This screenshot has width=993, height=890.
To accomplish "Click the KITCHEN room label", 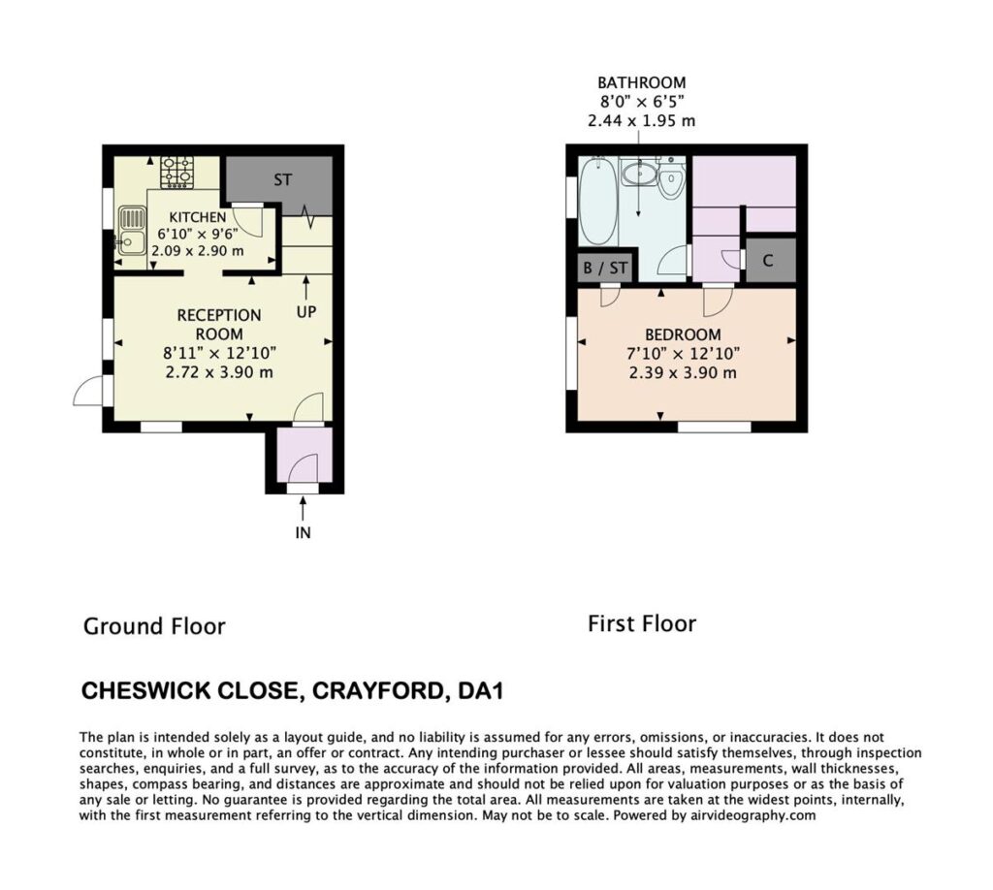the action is (198, 217).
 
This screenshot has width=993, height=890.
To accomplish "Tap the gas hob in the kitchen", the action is (176, 173).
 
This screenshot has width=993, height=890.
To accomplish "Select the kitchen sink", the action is (131, 231).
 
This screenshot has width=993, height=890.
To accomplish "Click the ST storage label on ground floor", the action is (282, 179).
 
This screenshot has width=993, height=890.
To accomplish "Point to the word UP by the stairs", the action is (306, 311).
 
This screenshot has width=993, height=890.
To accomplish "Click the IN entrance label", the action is (303, 533).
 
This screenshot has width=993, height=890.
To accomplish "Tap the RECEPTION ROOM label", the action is (219, 324).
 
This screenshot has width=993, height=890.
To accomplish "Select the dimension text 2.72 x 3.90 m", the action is (219, 372).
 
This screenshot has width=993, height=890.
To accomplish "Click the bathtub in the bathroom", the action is (598, 201).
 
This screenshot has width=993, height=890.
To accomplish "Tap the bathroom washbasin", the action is (638, 173).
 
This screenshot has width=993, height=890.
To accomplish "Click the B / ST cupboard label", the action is (605, 268).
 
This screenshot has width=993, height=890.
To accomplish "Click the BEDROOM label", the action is (683, 334).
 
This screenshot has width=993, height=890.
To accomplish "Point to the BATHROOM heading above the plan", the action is (642, 82).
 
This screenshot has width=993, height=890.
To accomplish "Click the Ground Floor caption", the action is (154, 626).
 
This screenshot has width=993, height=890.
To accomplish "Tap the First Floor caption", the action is (642, 623).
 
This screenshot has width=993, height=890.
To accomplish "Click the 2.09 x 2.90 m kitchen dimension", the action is (198, 251).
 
